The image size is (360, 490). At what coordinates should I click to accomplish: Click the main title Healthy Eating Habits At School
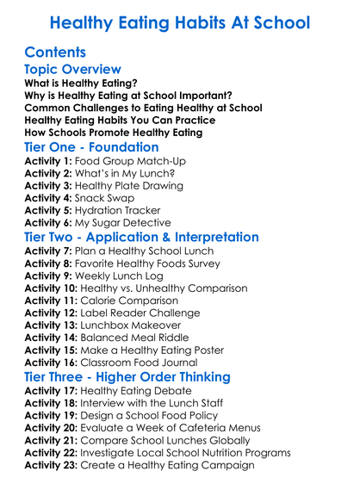pos(180,21)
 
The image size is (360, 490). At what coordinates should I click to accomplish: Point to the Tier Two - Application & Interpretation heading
pos(141,237)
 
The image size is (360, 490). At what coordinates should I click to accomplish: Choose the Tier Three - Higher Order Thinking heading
pos(127,377)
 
